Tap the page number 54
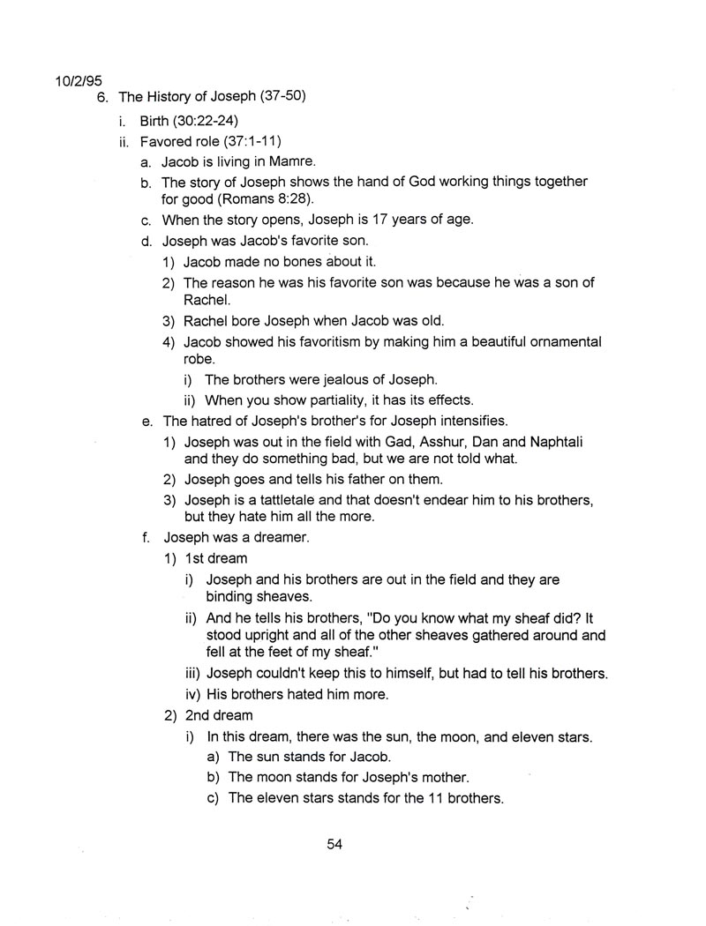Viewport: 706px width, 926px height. [x=334, y=844]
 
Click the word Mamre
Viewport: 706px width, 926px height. [x=292, y=162]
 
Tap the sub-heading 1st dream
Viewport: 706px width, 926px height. [x=215, y=558]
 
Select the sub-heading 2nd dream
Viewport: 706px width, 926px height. [x=218, y=715]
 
